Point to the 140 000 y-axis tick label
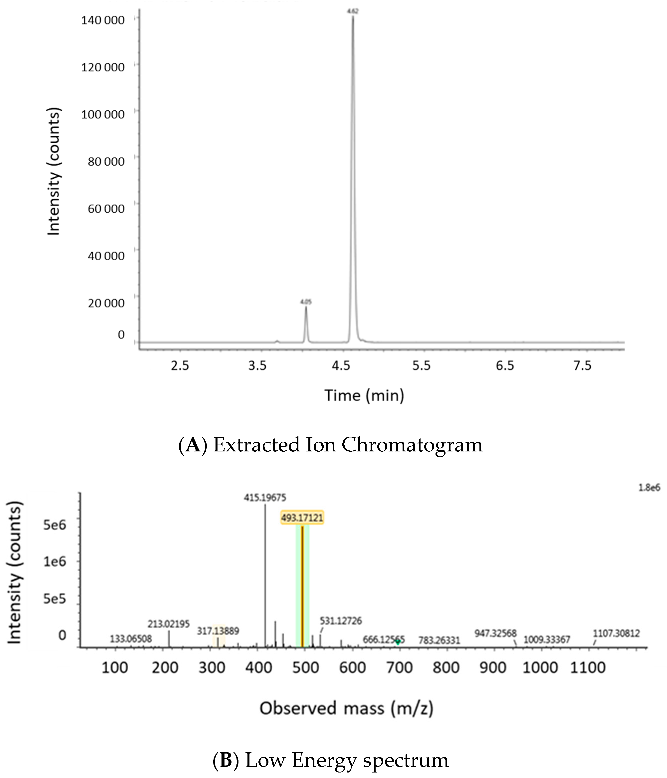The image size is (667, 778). click(103, 20)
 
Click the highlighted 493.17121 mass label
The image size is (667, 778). click(302, 518)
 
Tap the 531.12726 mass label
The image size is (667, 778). click(341, 621)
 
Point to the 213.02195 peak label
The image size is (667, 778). click(169, 624)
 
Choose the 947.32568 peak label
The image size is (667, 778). click(495, 633)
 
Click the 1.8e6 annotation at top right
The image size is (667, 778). click(649, 488)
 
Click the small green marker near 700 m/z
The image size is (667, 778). click(398, 642)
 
